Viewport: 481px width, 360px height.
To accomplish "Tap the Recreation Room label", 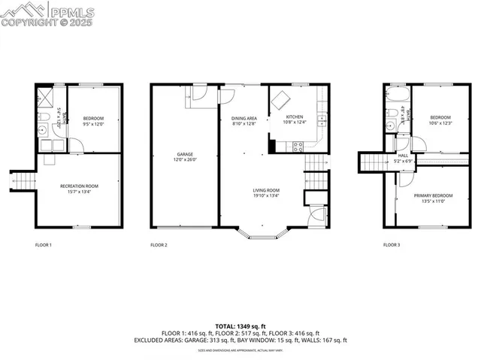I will click(x=79, y=186).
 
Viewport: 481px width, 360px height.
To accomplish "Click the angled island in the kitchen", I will click(x=280, y=100).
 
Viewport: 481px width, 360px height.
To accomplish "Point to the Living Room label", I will click(x=266, y=190).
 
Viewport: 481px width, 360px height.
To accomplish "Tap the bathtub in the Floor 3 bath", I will click(x=395, y=96).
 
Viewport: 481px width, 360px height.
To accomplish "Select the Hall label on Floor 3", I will click(x=403, y=156).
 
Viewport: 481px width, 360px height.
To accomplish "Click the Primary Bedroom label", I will click(x=430, y=195).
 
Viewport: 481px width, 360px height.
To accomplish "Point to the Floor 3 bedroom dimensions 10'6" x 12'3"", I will click(x=440, y=123).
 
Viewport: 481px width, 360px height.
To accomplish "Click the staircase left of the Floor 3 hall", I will click(x=371, y=162).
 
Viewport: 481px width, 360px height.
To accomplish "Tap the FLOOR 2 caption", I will click(x=159, y=245).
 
